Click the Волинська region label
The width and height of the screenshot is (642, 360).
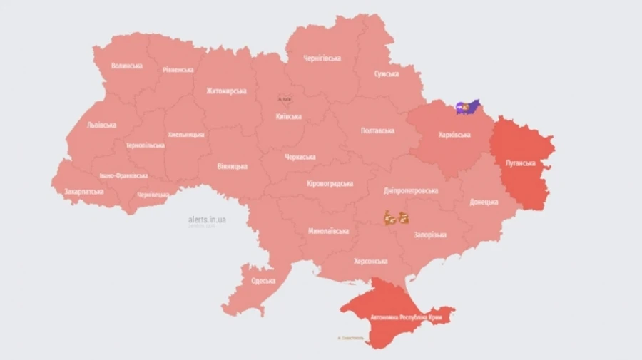click(x=126, y=66)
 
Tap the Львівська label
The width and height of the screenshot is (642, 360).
click(x=101, y=125)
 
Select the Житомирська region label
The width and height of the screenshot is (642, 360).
click(x=226, y=91)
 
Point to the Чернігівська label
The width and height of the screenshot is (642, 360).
click(x=322, y=58)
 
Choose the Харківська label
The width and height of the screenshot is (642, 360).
click(x=454, y=135)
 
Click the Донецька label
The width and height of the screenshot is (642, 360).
click(x=484, y=202)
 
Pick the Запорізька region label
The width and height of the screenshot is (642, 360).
click(x=429, y=235)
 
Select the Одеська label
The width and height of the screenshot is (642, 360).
click(x=263, y=281)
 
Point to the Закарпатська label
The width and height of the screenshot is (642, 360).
click(x=83, y=192)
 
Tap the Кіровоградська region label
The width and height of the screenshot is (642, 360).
click(x=330, y=184)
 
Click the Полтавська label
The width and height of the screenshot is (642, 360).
click(x=378, y=131)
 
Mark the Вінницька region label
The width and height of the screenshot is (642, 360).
click(x=232, y=166)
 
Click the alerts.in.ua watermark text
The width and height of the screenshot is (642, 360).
click(x=207, y=220)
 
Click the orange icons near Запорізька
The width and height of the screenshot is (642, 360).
click(x=397, y=218)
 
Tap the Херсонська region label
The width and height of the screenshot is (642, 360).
click(x=371, y=261)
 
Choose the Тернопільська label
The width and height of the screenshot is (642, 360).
click(x=145, y=145)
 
